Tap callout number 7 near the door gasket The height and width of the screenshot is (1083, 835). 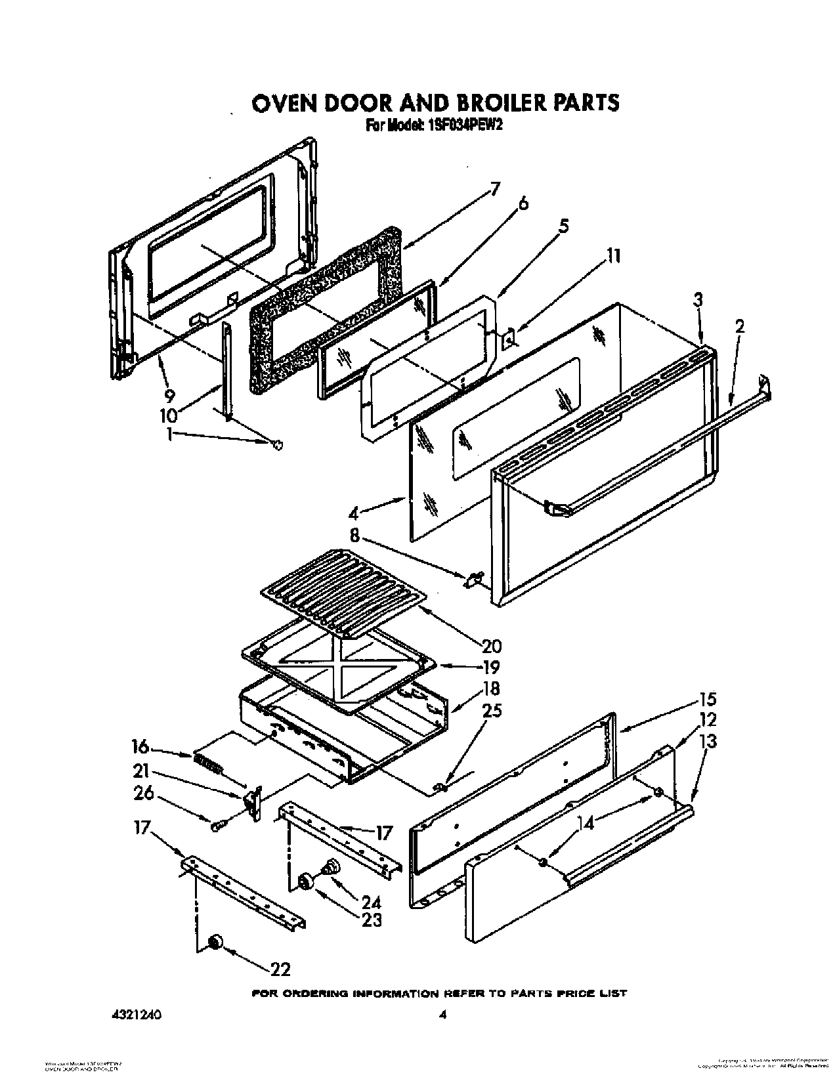494,190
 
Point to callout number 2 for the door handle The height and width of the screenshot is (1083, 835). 740,327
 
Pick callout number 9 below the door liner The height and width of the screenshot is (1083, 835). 170,395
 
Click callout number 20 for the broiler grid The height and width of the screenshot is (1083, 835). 492,644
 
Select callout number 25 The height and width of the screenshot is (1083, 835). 492,710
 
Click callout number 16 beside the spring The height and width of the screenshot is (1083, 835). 139,746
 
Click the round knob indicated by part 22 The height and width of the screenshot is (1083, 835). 213,943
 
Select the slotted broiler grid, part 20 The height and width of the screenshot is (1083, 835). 341,585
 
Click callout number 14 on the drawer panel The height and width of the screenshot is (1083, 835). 586,824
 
